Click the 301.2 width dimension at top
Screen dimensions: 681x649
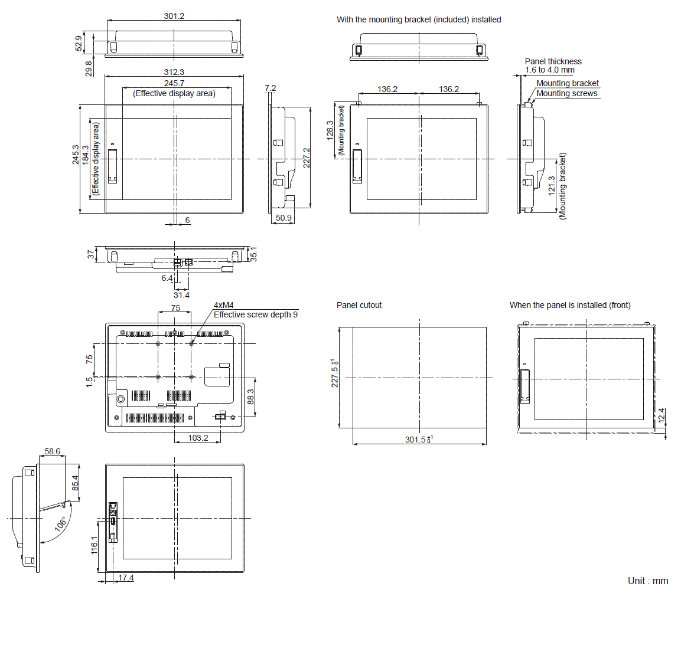click(x=174, y=16)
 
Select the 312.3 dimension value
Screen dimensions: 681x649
click(x=174, y=72)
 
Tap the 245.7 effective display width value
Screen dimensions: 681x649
click(x=174, y=83)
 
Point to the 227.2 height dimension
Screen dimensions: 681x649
click(x=307, y=158)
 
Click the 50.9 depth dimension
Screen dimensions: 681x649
click(x=284, y=218)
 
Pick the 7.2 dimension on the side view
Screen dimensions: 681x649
click(x=270, y=88)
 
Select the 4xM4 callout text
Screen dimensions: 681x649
click(x=223, y=305)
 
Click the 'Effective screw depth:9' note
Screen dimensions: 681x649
click(x=256, y=314)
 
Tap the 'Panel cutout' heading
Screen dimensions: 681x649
click(x=359, y=305)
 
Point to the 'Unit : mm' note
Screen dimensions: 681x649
click(x=648, y=581)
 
